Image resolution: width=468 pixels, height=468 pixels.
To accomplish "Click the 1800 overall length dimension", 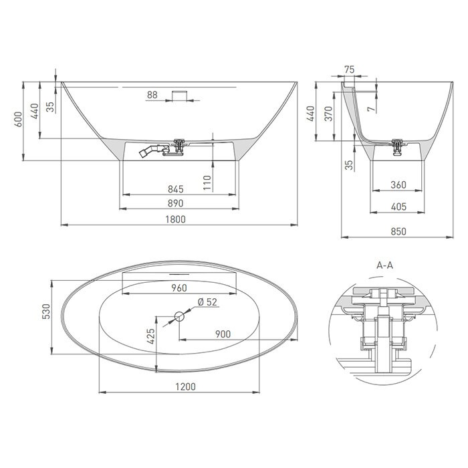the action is [175, 219].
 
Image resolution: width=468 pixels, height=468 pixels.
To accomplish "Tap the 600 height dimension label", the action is [19, 120].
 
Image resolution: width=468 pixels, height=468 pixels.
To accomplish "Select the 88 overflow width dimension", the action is [152, 95].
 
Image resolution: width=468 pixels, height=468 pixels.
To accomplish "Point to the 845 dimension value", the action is [175, 189].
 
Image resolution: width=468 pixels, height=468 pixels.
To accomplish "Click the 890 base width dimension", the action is [175, 203].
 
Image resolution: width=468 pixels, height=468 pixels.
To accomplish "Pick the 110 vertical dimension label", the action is [207, 183].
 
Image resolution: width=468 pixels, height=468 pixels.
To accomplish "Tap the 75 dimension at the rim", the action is [349, 70].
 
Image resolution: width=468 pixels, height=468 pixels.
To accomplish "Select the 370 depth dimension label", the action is [328, 114].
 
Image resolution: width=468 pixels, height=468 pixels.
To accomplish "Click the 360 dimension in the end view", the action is [398, 185].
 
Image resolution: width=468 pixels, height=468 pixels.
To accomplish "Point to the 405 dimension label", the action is [398, 207].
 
